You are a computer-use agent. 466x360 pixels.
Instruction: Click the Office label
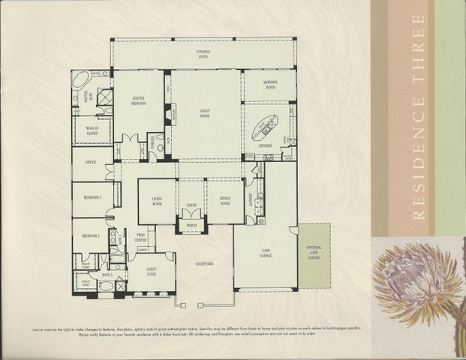(91, 160)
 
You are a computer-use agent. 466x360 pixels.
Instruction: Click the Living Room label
(158, 199)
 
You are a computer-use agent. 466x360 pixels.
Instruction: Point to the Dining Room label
(225, 199)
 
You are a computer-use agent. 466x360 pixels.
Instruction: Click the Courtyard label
(204, 263)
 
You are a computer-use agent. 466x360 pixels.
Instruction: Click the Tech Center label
(140, 238)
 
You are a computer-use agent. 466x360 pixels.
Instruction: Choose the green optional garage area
(314, 255)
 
